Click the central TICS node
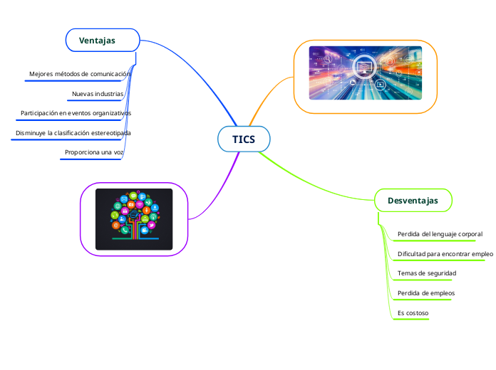click(244, 139)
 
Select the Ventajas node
click(102, 40)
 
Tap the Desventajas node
click(413, 201)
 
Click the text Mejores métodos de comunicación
click(79, 74)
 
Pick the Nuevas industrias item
click(98, 93)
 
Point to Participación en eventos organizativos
click(76, 113)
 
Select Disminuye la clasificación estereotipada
click(73, 133)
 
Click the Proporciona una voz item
click(93, 152)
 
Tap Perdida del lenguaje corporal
click(440, 233)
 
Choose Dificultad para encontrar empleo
click(445, 253)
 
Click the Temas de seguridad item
click(426, 273)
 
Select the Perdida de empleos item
click(425, 293)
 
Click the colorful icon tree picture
click(134, 219)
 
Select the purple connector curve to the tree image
click(214, 192)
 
